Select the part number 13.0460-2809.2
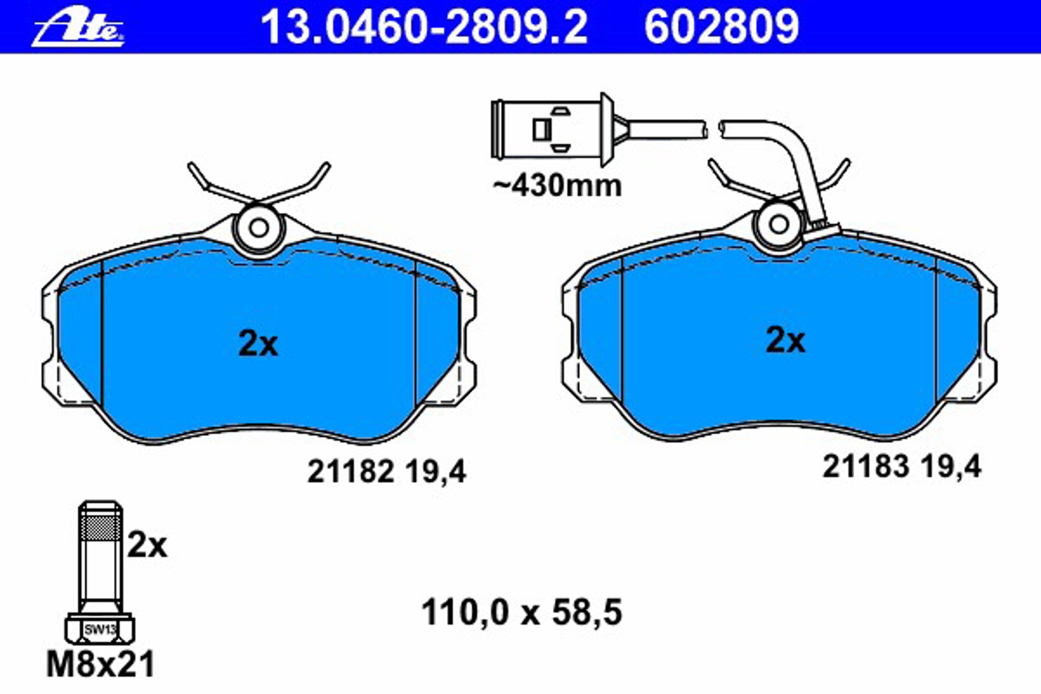coord(424,27)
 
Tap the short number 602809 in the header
coord(721,27)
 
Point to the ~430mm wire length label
coord(557,186)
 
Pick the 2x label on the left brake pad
coord(258,344)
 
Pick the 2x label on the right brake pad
coord(786,340)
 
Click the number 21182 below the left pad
coord(350,472)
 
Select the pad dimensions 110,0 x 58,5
coord(522,612)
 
